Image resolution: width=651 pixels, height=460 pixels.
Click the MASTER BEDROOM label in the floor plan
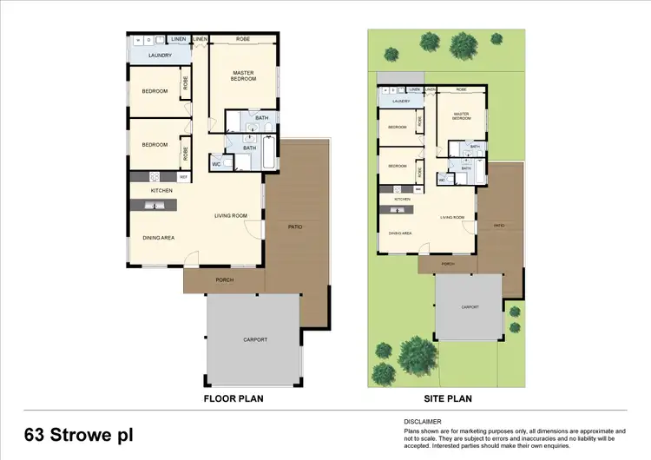pos(243,75)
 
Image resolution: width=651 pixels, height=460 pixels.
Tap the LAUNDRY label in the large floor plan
pos(159,56)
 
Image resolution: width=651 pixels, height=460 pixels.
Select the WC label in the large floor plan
pos(215,164)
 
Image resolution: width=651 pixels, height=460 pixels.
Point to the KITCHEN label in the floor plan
pos(161,190)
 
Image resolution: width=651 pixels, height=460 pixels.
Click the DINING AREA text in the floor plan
pos(160,237)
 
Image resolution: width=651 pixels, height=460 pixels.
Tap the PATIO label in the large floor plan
pos(295,227)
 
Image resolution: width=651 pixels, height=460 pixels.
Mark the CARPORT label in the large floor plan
pos(255,339)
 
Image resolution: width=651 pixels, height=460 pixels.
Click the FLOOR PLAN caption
pos(233,399)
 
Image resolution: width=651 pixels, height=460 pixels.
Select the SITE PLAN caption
pos(447,399)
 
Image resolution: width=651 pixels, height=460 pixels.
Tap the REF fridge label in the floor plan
pos(183,177)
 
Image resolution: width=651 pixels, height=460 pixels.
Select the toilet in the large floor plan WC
pos(226,162)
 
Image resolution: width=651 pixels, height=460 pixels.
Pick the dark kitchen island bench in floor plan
pos(153,205)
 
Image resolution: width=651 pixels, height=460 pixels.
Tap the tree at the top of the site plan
pos(429,41)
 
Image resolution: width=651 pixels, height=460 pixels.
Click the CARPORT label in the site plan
pos(471,306)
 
